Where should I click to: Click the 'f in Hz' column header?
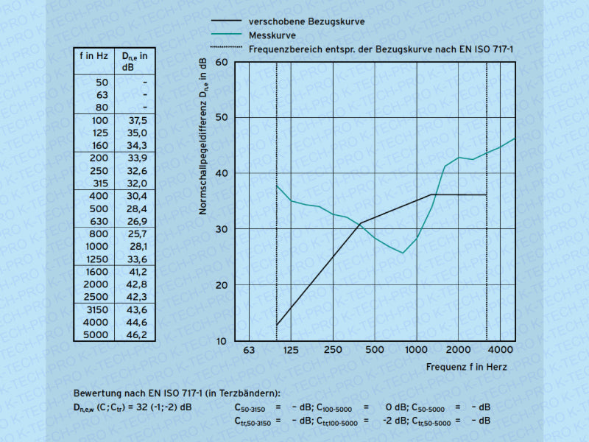[x=94, y=55]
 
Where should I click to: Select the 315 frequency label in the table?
[x=99, y=183]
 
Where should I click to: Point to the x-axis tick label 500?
[x=375, y=349]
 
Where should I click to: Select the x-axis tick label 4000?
[x=501, y=349]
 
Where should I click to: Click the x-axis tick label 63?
[x=249, y=349]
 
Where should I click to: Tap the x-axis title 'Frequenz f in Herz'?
[x=466, y=366]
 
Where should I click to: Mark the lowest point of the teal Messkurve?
[x=402, y=253]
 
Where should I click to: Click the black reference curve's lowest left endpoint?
[x=277, y=325]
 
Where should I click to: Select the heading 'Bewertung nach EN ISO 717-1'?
[x=177, y=393]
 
